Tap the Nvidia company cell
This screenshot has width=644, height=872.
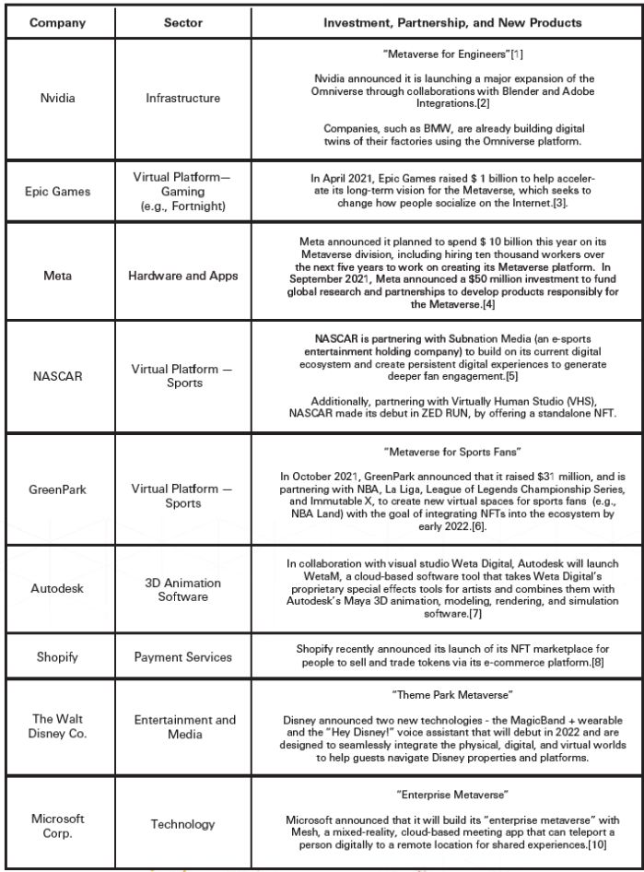coord(58,98)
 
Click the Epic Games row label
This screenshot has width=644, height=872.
coord(58,192)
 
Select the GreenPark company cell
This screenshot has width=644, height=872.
coord(58,488)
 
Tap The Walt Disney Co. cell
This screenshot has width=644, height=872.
coord(58,726)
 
